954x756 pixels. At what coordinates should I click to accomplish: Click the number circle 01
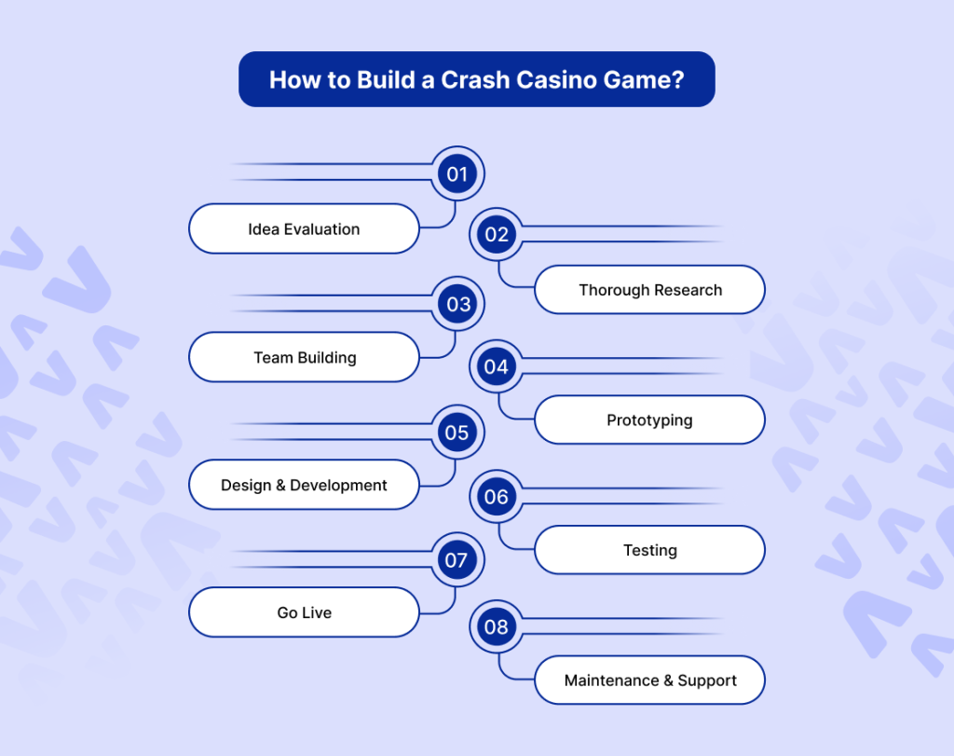457,174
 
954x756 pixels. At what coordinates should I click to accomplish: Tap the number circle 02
497,235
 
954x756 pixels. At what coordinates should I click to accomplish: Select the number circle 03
457,304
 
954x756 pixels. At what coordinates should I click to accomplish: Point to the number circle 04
497,366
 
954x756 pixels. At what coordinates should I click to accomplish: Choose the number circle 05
457,433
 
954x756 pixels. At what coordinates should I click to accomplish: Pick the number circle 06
497,497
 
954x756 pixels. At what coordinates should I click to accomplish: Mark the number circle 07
457,560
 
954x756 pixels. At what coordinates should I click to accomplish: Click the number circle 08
497,626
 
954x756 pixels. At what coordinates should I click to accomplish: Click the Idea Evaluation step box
304,228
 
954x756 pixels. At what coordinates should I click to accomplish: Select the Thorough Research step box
649,290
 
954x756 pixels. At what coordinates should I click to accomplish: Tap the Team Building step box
304,357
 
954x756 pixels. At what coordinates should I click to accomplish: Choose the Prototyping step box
649,420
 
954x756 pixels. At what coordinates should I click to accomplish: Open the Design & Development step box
304,485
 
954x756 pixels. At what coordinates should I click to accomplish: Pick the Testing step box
649,550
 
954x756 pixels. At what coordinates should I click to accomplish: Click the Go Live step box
304,612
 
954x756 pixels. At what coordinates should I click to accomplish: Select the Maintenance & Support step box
649,680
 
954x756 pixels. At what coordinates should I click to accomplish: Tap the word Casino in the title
561,79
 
